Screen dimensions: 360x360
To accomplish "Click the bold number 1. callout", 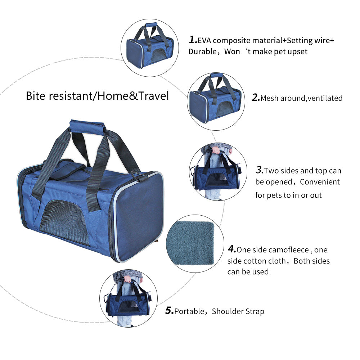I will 193,40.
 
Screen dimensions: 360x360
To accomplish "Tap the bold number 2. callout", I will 256,98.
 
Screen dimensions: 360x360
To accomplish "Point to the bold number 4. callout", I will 232,249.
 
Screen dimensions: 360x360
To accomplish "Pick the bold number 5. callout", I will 170,311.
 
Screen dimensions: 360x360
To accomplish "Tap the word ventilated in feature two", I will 325,98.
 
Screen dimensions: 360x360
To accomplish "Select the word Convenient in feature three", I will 320,182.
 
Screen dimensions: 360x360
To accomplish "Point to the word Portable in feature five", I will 189,311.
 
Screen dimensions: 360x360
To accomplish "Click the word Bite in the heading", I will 35,96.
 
